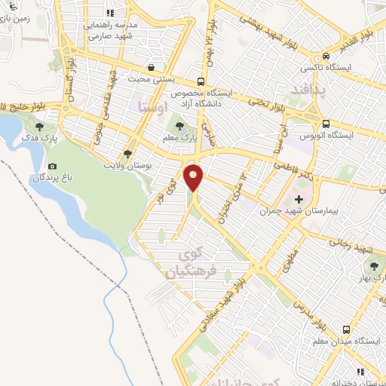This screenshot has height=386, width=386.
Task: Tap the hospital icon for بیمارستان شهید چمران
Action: [299, 200]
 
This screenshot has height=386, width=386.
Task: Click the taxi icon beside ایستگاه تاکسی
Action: [326, 55]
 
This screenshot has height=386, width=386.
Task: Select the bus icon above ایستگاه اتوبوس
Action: [325, 124]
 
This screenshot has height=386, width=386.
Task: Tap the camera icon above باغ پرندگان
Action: [51, 166]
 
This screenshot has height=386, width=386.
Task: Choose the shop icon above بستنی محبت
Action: [153, 66]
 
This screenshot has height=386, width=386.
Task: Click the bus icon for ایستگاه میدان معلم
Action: [346, 329]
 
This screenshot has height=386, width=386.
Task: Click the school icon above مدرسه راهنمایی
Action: [110, 13]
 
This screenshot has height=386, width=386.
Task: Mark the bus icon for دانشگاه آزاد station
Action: [201, 81]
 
